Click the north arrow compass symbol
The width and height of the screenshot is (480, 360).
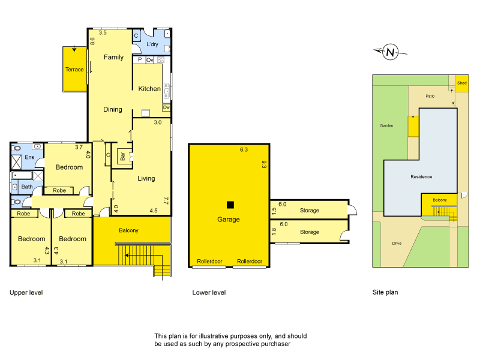point(391,52)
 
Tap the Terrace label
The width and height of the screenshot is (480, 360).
point(74,70)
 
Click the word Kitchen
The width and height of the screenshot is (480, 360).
point(149,89)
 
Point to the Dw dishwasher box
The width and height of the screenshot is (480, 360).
point(166,107)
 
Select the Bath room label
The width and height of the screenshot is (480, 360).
point(27,187)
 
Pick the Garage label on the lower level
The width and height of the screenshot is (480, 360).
point(228,220)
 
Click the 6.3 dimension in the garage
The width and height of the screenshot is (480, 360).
point(243,149)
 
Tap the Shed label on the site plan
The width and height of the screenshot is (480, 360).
point(461,83)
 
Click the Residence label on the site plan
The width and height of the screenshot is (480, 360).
point(421,177)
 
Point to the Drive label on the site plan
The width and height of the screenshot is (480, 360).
point(397,244)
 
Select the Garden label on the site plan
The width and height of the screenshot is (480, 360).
point(386,126)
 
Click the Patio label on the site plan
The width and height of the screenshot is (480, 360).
point(430,95)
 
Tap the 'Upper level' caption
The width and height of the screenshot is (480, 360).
point(26,293)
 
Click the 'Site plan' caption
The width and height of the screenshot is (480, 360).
point(385,293)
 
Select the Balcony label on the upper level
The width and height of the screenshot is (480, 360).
point(128,230)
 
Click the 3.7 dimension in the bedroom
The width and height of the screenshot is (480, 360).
point(79,147)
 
